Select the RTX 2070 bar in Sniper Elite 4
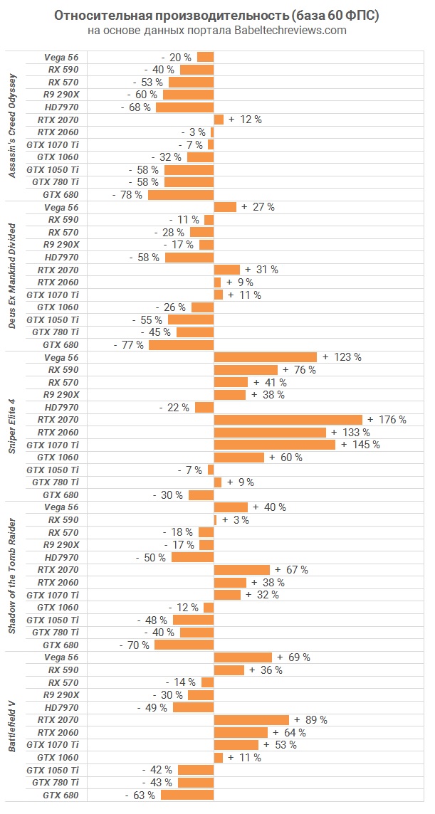(288, 420)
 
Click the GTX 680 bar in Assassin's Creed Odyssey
(181, 195)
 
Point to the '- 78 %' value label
(127, 195)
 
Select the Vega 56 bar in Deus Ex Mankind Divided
(225, 207)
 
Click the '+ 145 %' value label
(360, 445)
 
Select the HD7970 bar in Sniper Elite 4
(204, 408)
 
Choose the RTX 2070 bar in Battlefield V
(251, 720)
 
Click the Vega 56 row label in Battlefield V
(61, 657)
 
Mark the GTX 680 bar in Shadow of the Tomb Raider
(184, 645)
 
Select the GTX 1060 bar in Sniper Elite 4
(239, 458)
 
